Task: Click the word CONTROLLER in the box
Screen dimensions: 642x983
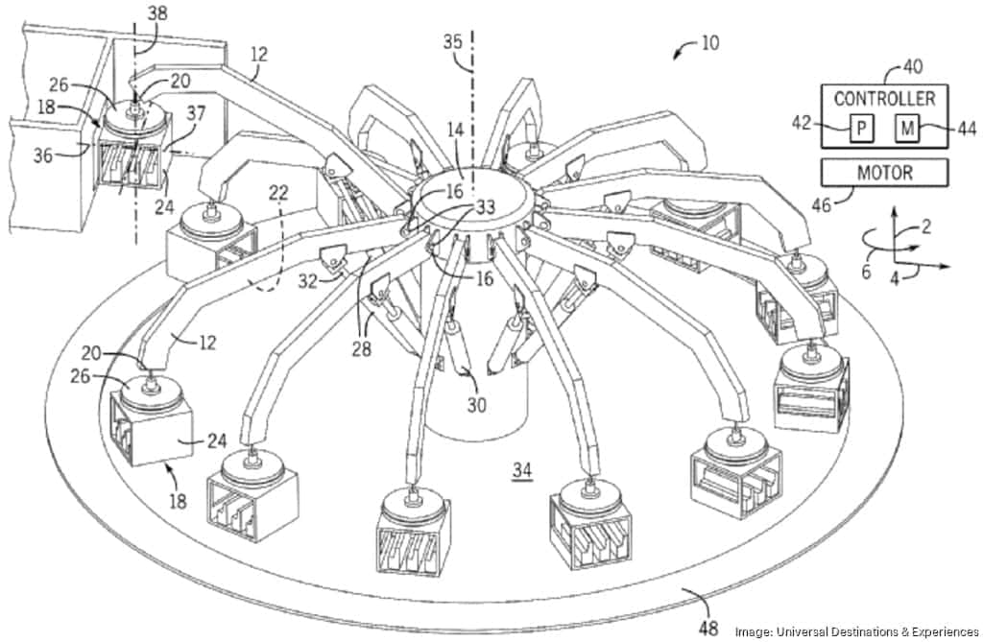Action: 884,99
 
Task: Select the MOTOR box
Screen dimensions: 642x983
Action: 884,174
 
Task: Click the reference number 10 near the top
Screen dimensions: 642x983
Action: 709,42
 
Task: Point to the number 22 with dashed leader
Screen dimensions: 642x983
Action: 279,193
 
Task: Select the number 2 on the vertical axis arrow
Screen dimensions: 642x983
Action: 925,226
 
